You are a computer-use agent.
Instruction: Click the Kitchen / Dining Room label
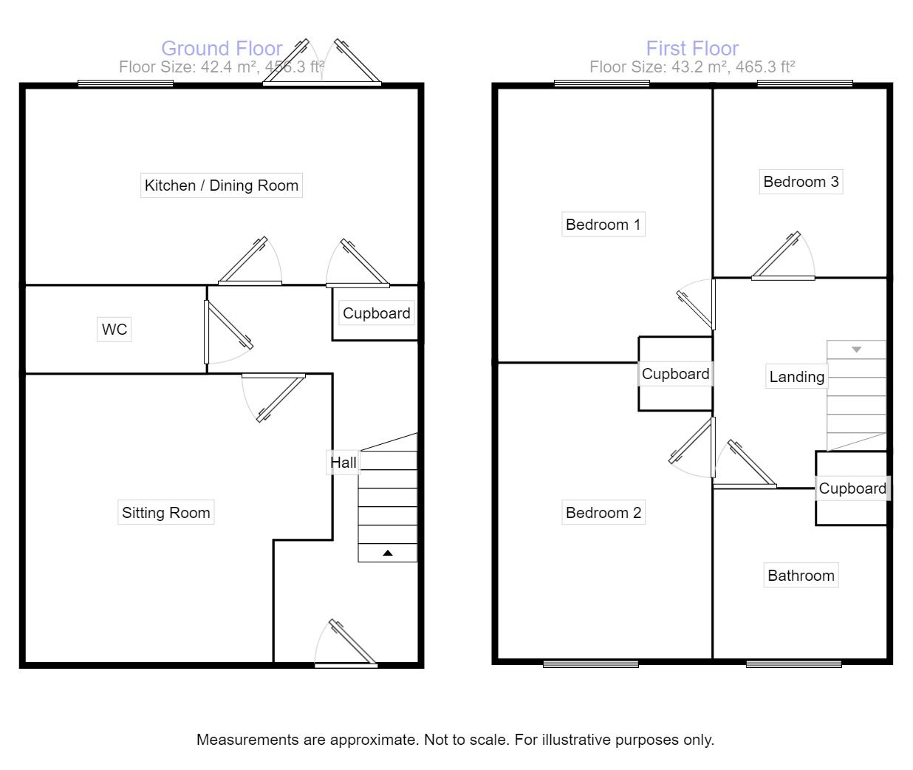[x=222, y=185]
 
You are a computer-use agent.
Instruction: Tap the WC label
[x=114, y=329]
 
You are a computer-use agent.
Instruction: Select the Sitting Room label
[x=166, y=513]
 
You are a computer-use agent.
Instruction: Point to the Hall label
[x=343, y=463]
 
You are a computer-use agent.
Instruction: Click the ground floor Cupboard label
[x=376, y=313]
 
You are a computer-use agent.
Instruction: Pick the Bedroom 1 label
[x=603, y=225]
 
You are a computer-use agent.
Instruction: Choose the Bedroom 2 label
[x=603, y=513]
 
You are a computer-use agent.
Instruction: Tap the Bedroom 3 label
[x=801, y=182]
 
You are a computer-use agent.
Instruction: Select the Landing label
[x=796, y=377]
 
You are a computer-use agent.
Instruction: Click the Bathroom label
[x=801, y=576]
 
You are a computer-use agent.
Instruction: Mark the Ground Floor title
[x=222, y=49]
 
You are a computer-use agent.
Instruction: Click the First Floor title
[x=692, y=49]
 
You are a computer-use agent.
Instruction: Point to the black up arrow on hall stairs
[x=388, y=553]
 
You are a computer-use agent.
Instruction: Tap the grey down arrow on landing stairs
[x=856, y=350]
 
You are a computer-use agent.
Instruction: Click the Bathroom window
[x=793, y=664]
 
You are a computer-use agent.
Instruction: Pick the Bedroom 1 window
[x=602, y=84]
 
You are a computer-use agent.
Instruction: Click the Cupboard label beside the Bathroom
[x=852, y=488]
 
